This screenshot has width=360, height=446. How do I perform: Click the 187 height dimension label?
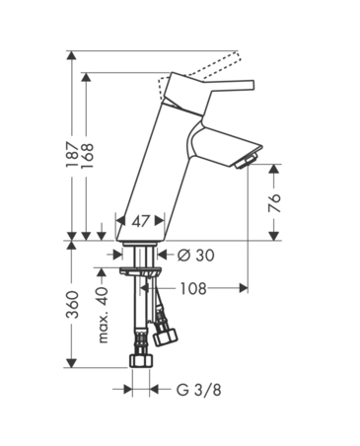[72, 155]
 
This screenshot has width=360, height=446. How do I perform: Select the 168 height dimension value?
[87, 156]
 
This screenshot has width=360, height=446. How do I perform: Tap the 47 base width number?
[141, 221]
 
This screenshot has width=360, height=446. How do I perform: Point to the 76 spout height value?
[275, 203]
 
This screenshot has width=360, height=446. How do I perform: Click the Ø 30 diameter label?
[195, 255]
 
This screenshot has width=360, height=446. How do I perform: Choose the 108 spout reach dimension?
[193, 288]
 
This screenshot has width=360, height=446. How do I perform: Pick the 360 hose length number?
[72, 305]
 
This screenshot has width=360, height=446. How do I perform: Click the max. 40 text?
[103, 315]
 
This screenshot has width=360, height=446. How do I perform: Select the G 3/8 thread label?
[198, 390]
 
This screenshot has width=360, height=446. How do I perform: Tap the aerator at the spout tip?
[247, 161]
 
